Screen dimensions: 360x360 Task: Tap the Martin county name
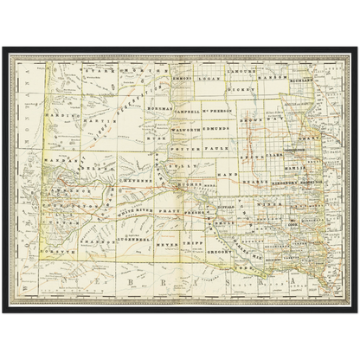pyautogui.click(x=95, y=110)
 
